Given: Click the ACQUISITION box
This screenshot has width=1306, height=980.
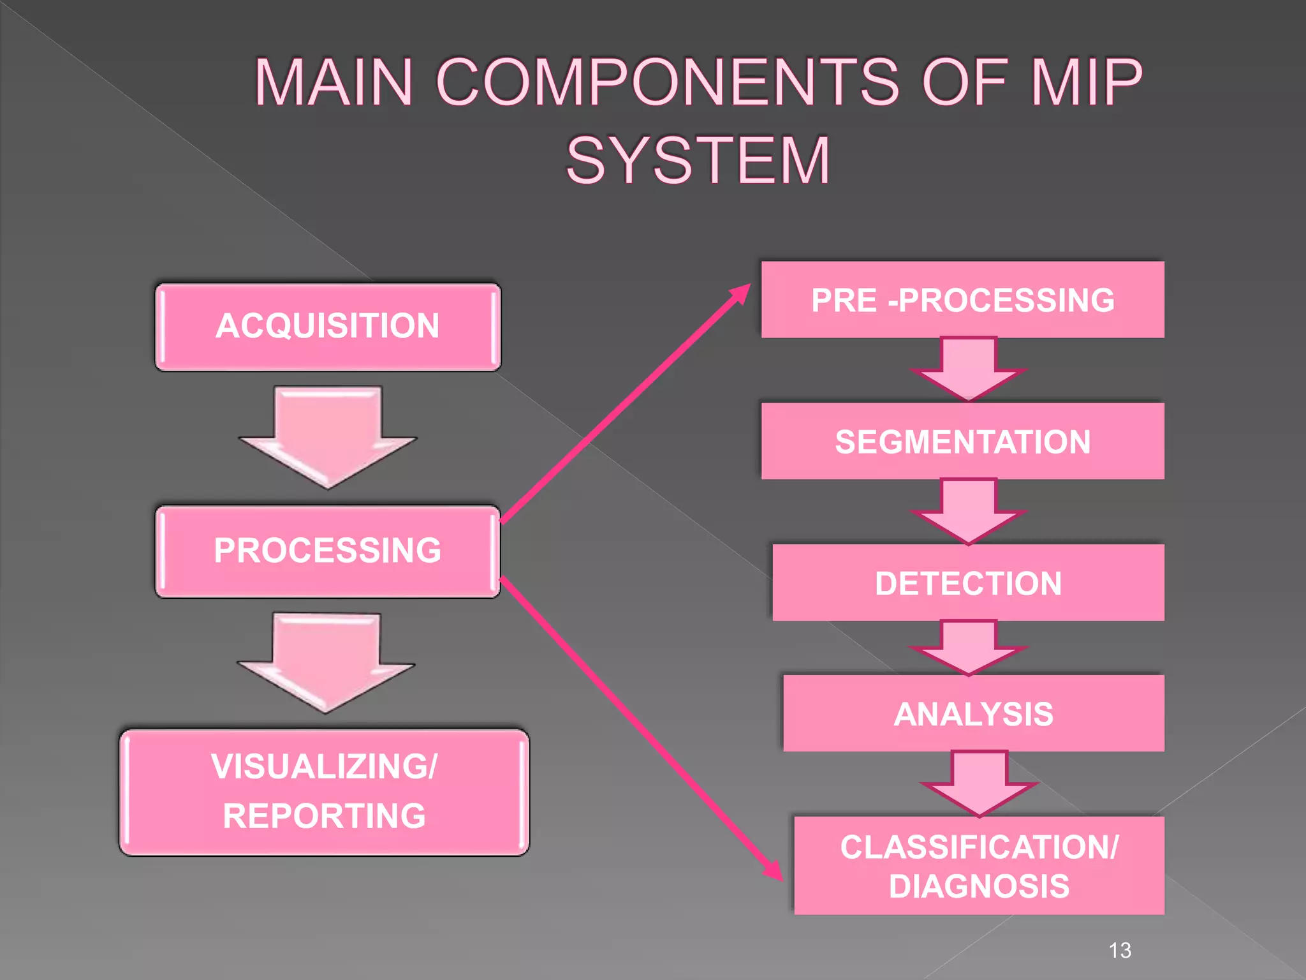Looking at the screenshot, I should pyautogui.click(x=328, y=327).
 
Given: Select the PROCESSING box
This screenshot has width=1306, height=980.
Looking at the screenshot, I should pyautogui.click(x=328, y=551).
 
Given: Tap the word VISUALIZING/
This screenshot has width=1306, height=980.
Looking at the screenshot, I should pyautogui.click(x=325, y=766).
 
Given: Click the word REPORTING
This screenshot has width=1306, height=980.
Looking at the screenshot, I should pyautogui.click(x=325, y=816).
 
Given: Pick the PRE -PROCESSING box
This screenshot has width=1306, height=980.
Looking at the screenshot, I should pyautogui.click(x=962, y=300).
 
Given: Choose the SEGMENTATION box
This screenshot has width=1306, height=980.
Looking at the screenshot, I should pyautogui.click(x=962, y=442).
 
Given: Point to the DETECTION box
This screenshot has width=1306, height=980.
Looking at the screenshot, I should pyautogui.click(x=968, y=583).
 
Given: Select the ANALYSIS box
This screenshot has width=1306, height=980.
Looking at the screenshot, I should pyautogui.click(x=973, y=713).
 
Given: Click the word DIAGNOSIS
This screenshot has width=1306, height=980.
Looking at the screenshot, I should pyautogui.click(x=979, y=886).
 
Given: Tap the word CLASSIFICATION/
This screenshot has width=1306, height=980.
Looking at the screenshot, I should pyautogui.click(x=979, y=847).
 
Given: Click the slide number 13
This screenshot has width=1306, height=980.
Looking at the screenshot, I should pyautogui.click(x=1120, y=951).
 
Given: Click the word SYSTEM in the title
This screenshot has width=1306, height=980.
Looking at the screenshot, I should pyautogui.click(x=698, y=161).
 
